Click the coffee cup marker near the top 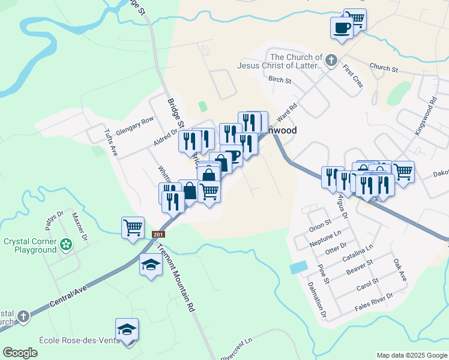click(342, 28)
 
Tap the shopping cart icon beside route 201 click(132, 227)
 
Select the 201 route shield click(158, 235)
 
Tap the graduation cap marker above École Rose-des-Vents click(127, 329)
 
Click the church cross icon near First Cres click(330, 60)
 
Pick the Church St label click(384, 68)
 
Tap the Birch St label click(280, 80)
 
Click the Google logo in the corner click(20, 353)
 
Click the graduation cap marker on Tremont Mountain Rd click(151, 264)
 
